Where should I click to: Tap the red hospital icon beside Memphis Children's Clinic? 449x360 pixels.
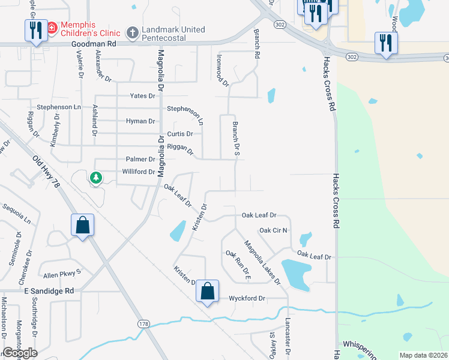pyautogui.click(x=52, y=28)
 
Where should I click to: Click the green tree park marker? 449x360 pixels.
pyautogui.click(x=95, y=177)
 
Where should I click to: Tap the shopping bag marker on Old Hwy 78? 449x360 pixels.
pyautogui.click(x=83, y=226)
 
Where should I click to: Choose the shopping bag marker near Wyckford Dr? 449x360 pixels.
pyautogui.click(x=207, y=292)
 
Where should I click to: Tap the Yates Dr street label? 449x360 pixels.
pyautogui.click(x=143, y=96)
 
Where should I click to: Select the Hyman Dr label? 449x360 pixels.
pyautogui.click(x=140, y=121)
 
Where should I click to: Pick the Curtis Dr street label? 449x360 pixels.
pyautogui.click(x=180, y=134)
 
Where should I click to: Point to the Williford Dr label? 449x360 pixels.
pyautogui.click(x=139, y=172)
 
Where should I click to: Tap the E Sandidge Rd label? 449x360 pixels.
pyautogui.click(x=49, y=290)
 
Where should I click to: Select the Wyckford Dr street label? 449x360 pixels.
pyautogui.click(x=247, y=298)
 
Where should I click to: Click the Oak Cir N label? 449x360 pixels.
pyautogui.click(x=273, y=230)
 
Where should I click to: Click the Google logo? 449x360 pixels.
pyautogui.click(x=20, y=352)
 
